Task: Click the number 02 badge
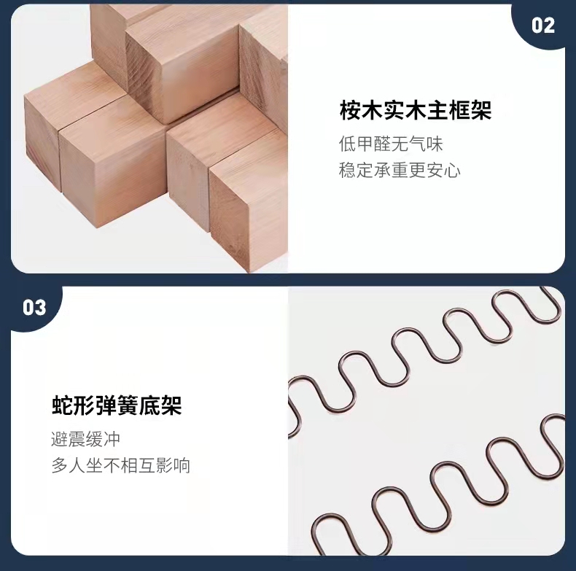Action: pos(543,26)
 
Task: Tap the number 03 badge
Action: pos(34,308)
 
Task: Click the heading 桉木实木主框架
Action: pos(416,110)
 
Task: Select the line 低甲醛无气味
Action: pos(391,144)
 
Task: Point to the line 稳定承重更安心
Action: pos(400,170)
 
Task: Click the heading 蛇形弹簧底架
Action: pos(117,405)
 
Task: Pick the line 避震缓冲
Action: pos(85,439)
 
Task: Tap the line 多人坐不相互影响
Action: pos(120,465)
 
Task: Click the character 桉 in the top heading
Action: pos(350,110)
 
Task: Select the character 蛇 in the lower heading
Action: pos(62,405)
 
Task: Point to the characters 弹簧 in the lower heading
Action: pos(117,405)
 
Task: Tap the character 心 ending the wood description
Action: pos(453,170)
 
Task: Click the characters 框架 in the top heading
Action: pos(470,110)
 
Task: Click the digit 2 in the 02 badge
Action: pos(549,26)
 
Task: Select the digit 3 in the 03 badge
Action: pos(41,308)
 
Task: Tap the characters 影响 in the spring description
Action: pos(173,465)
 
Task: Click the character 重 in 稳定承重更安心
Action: pos(400,170)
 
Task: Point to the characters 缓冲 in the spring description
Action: pos(104,439)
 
